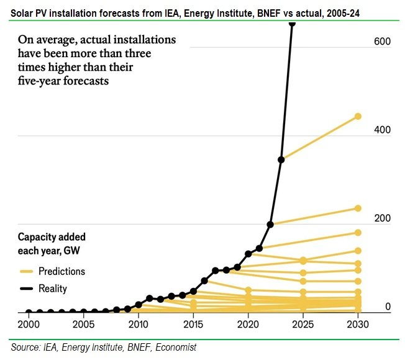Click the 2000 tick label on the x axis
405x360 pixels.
pyautogui.click(x=29, y=325)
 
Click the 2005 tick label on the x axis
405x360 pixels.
pyautogui.click(x=83, y=325)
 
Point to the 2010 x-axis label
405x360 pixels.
pyautogui.click(x=139, y=325)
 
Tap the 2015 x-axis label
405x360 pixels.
pyautogui.click(x=193, y=325)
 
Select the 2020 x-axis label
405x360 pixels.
pyautogui.click(x=248, y=325)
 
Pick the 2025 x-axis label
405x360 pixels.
pyautogui.click(x=303, y=325)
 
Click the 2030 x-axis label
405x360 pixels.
pyautogui.click(x=357, y=325)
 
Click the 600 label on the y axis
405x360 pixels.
pyautogui.click(x=381, y=41)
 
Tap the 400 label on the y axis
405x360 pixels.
pyautogui.click(x=381, y=130)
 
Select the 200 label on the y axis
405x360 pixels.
pyautogui.click(x=381, y=218)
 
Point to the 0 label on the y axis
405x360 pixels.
pyautogui.click(x=388, y=307)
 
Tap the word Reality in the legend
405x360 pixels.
pyautogui.click(x=53, y=289)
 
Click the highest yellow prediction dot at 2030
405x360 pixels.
pyautogui.click(x=358, y=116)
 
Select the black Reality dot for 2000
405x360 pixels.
pyautogui.click(x=29, y=312)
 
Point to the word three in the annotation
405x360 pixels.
pyautogui.click(x=160, y=53)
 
